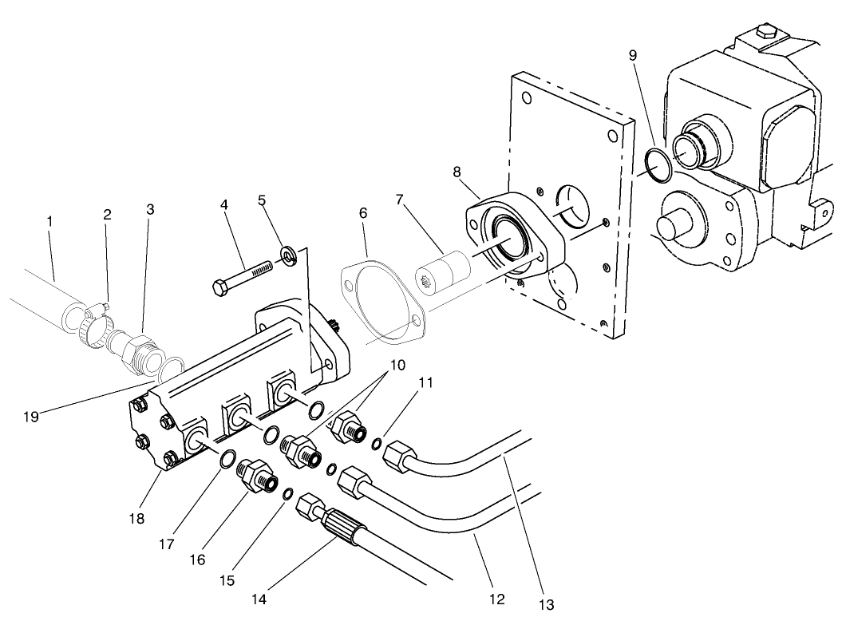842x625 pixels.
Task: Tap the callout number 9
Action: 633,56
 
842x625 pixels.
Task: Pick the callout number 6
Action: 363,214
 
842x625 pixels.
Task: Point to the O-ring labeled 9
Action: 658,163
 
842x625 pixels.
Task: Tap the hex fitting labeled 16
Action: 256,476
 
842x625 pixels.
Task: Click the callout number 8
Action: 457,171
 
